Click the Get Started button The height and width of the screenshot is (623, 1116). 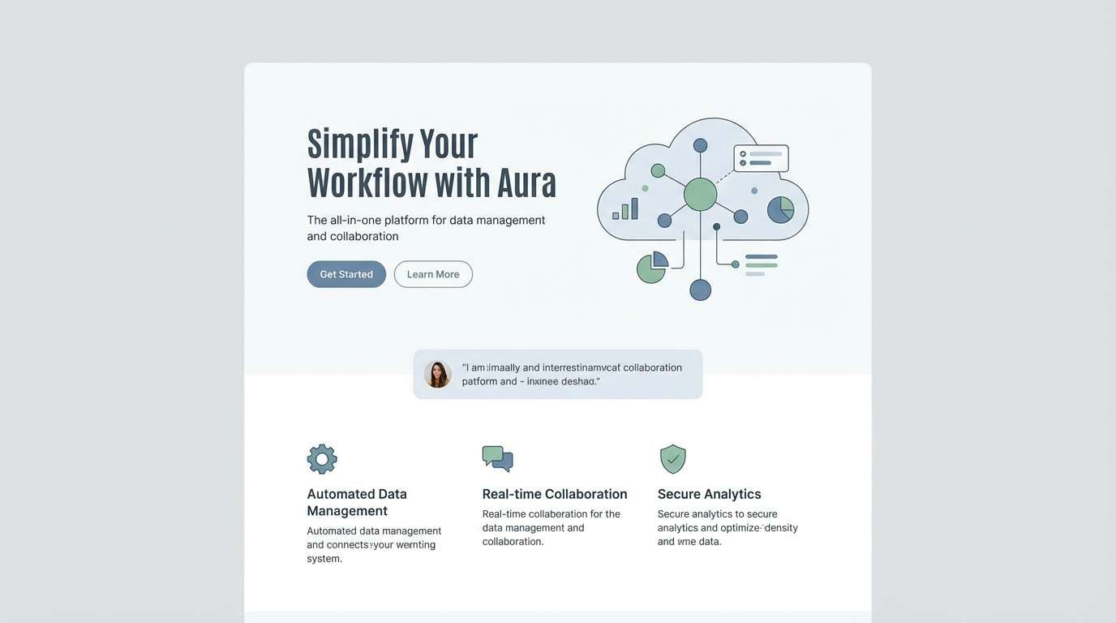346,274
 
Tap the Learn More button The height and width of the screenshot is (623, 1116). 433,274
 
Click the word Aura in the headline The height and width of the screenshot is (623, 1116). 526,183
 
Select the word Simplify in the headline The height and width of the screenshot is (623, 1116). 359,144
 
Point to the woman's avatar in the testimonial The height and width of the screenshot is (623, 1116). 437,374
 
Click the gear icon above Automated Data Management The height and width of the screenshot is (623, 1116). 322,459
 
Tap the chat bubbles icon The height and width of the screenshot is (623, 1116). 497,458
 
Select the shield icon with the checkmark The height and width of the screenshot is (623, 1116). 673,459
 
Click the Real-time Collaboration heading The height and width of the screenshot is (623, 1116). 555,494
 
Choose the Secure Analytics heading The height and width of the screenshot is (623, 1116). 709,494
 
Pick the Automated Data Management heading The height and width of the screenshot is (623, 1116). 357,502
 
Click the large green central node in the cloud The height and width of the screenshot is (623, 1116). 700,195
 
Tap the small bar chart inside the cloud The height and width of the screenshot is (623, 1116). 625,209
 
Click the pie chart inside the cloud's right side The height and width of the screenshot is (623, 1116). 780,209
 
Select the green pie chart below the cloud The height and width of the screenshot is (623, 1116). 651,267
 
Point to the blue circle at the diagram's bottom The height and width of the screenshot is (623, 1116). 700,290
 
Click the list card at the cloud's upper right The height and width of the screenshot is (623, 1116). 761,158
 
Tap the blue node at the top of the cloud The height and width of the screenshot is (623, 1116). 700,145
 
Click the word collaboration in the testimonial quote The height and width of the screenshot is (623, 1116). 652,367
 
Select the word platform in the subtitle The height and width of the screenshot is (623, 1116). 406,220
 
